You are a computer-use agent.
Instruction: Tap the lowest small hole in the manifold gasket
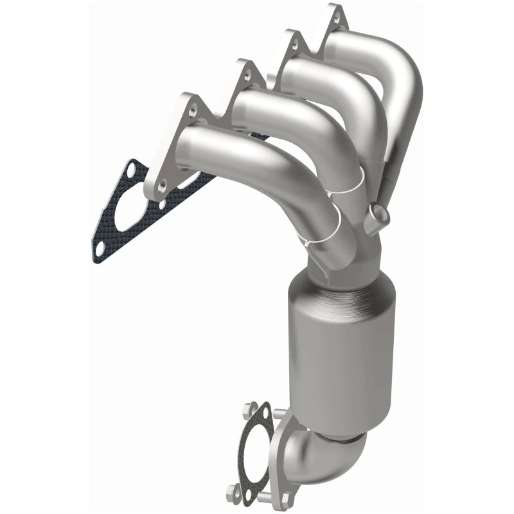pyautogui.click(x=102, y=247)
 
